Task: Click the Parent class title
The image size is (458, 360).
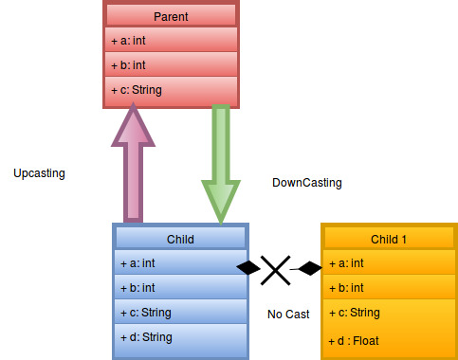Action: click(171, 17)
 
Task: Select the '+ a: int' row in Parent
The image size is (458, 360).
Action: click(171, 41)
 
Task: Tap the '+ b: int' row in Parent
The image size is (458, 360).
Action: click(171, 65)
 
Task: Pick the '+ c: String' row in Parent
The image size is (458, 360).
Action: click(171, 91)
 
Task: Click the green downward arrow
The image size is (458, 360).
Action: click(220, 161)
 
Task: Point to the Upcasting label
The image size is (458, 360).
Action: click(40, 173)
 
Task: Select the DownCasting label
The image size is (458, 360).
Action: click(306, 183)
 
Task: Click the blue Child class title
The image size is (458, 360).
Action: click(180, 239)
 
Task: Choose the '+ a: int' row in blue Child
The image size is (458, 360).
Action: click(180, 262)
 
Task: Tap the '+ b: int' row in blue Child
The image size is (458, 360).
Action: click(180, 287)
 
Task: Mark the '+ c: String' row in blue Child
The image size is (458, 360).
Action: click(180, 312)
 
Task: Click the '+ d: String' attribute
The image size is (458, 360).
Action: click(180, 336)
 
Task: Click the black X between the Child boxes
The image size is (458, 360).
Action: click(275, 269)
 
